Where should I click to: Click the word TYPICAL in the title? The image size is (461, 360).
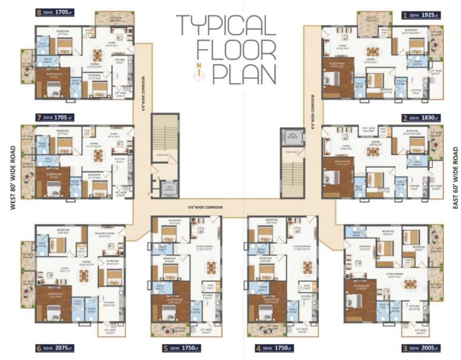pyautogui.click(x=226, y=25)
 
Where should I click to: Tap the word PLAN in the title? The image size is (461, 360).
pyautogui.click(x=244, y=74)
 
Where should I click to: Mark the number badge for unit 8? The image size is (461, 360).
pyautogui.click(x=38, y=13)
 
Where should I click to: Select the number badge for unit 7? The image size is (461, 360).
pyautogui.click(x=38, y=117)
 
